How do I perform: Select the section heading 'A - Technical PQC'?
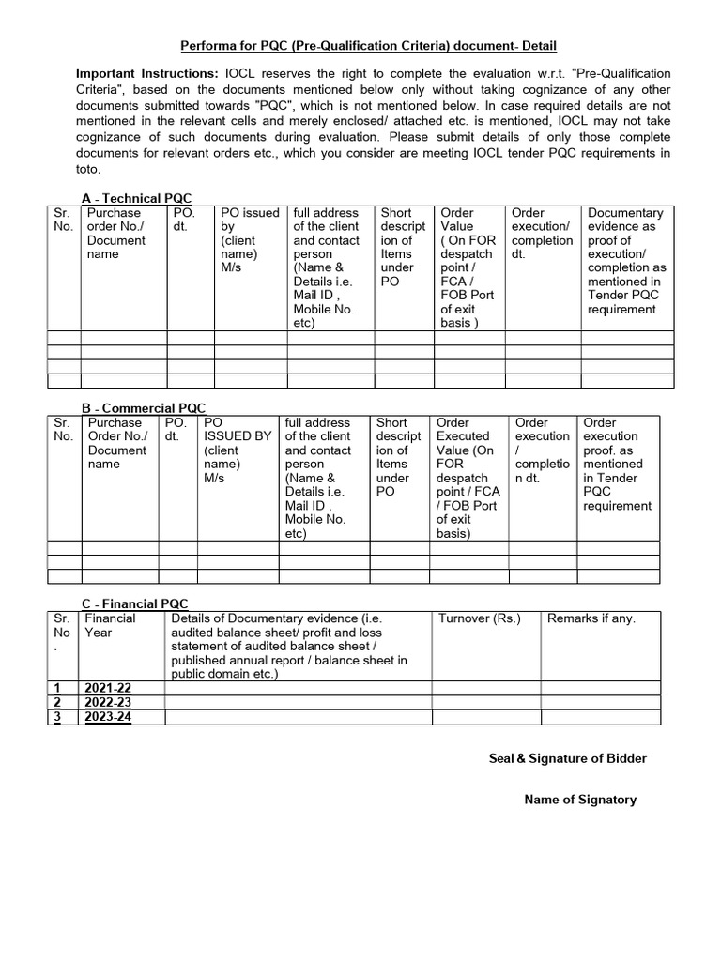[x=137, y=198]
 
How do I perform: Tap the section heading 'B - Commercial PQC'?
[x=144, y=408]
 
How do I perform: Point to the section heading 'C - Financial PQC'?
[x=136, y=604]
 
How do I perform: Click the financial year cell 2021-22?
[x=109, y=689]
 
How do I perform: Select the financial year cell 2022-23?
[x=109, y=703]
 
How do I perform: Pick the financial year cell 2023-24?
[x=109, y=717]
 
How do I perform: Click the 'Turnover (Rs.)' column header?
[x=479, y=618]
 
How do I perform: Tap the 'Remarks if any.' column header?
[x=591, y=618]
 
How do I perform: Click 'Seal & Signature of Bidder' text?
[x=567, y=758]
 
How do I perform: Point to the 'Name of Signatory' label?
[x=579, y=800]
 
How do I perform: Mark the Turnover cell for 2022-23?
[x=485, y=703]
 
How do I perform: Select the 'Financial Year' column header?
[x=110, y=625]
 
